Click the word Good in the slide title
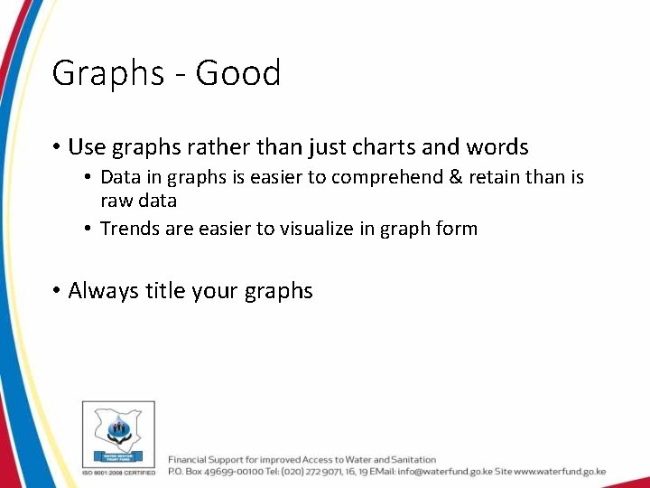pyautogui.click(x=238, y=73)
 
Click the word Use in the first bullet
pyautogui.click(x=87, y=146)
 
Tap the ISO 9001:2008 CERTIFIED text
pyautogui.click(x=118, y=472)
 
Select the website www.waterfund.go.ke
pyautogui.click(x=560, y=472)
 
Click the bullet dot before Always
pyautogui.click(x=56, y=291)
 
